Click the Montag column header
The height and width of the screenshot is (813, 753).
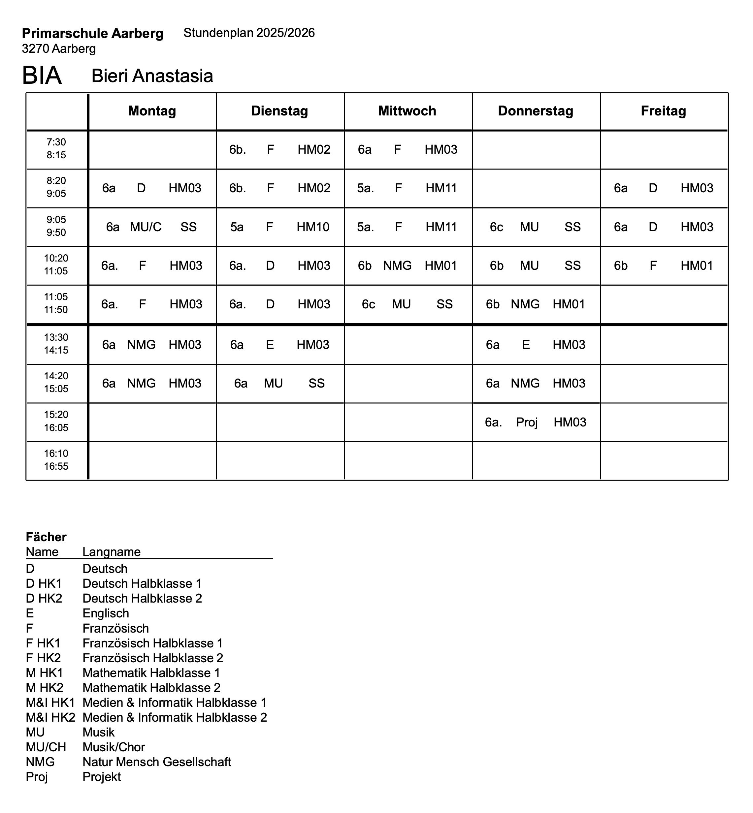coord(152,111)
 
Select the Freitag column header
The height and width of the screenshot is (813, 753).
coord(663,111)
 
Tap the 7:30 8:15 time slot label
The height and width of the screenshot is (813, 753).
coord(56,149)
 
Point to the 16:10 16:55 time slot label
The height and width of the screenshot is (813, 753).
coord(56,460)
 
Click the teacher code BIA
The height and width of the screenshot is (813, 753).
coord(42,76)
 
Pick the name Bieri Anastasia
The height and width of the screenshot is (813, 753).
coord(152,76)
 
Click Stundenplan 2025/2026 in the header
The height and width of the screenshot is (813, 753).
coord(249,33)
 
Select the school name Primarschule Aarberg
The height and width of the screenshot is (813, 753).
coord(92,33)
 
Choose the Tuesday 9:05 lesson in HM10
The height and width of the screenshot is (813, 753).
coord(279,227)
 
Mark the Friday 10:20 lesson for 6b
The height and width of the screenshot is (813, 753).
coord(663,266)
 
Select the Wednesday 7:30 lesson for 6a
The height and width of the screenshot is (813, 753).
coord(408,149)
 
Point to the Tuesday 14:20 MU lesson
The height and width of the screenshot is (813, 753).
coord(279,383)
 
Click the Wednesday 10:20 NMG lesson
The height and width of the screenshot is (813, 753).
coord(408,266)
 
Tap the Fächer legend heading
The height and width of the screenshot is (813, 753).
coord(46,537)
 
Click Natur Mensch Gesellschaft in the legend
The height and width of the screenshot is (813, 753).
coord(156,762)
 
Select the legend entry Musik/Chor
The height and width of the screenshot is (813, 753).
coord(114,747)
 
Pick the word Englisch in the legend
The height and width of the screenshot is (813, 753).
coord(106,613)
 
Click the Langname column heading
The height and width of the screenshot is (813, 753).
coord(111,552)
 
